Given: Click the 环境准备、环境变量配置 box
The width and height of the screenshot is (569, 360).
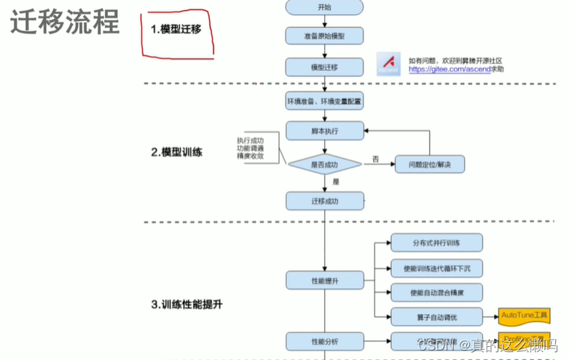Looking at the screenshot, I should click(x=324, y=101).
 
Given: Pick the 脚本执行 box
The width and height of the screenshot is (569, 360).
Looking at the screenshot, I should click(x=324, y=131).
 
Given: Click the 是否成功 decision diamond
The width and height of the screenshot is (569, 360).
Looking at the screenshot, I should click(x=324, y=165).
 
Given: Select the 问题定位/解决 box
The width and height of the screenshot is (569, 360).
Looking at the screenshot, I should click(x=429, y=165).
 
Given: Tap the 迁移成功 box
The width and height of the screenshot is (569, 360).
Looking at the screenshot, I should click(x=324, y=200).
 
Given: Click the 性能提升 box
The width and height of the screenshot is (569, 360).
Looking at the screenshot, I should click(x=324, y=280).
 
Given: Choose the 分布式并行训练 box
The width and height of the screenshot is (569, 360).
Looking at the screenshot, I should click(x=436, y=243).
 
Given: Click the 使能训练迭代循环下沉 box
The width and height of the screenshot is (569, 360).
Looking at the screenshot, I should click(x=436, y=267).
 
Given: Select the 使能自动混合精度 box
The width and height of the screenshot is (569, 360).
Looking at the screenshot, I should click(x=436, y=292).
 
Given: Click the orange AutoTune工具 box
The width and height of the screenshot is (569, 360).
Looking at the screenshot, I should click(x=524, y=316).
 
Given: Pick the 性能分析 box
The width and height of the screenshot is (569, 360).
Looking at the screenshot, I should click(x=324, y=341).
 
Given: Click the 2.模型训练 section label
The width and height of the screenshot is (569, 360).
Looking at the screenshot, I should click(x=176, y=152).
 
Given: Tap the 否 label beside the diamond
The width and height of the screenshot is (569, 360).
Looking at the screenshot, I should click(x=375, y=158).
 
